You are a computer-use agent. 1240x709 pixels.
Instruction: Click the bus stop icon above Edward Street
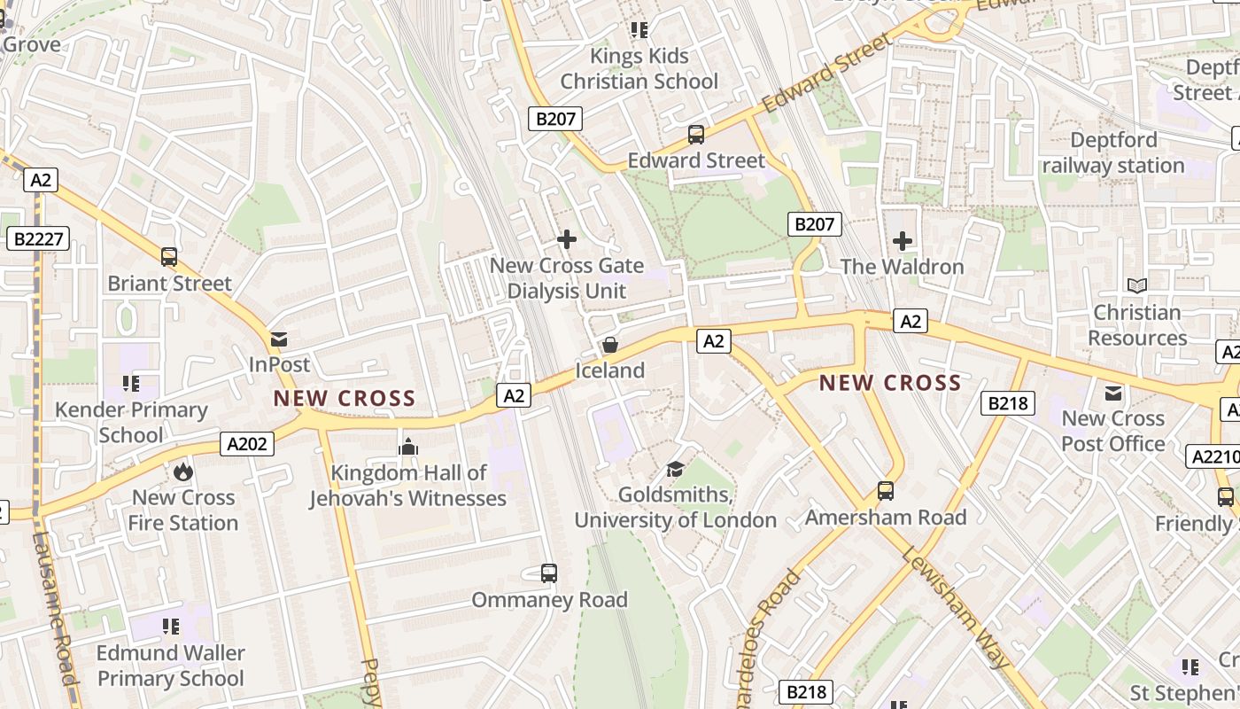696,135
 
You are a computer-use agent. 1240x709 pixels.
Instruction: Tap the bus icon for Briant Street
169,257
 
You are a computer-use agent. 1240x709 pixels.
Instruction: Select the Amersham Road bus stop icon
885,490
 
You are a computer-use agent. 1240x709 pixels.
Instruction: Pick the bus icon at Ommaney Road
549,573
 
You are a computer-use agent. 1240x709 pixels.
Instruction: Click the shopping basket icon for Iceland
609,345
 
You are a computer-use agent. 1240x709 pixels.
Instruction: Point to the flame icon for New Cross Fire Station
183,471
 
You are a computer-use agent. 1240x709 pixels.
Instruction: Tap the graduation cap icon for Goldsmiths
675,469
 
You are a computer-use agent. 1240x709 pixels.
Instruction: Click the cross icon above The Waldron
902,241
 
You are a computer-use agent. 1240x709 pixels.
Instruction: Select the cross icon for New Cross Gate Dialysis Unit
566,239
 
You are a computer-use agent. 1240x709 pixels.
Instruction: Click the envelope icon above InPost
279,339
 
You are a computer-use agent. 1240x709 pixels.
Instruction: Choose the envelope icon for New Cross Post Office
1113,393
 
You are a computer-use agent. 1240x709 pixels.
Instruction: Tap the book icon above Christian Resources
1136,286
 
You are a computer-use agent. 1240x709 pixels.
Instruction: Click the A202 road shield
247,444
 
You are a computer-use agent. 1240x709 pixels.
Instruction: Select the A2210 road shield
1212,456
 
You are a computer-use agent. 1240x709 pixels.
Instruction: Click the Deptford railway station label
1113,153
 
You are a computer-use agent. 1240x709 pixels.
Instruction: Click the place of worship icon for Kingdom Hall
407,447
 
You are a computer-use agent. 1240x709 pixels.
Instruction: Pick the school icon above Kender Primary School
131,384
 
